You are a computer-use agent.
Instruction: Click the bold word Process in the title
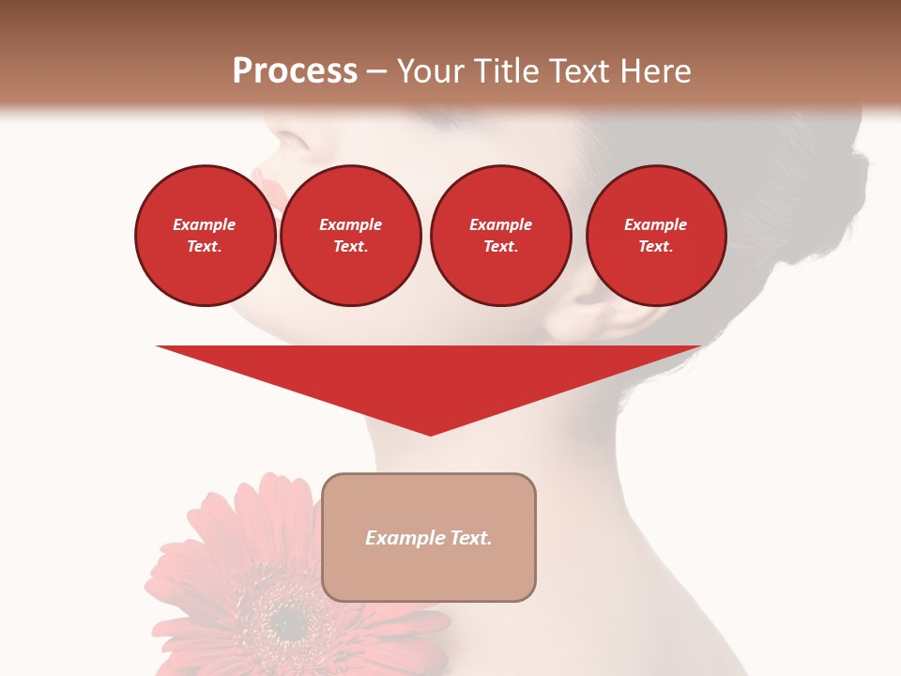[295, 71]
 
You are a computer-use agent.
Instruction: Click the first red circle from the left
[205, 236]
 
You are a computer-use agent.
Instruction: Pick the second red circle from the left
[350, 236]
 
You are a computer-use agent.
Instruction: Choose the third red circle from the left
[500, 236]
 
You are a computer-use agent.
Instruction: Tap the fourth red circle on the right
[655, 236]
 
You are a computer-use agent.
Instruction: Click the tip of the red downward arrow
[430, 434]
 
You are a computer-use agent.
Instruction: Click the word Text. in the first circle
[205, 247]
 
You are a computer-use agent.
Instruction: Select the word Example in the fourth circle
[655, 224]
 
